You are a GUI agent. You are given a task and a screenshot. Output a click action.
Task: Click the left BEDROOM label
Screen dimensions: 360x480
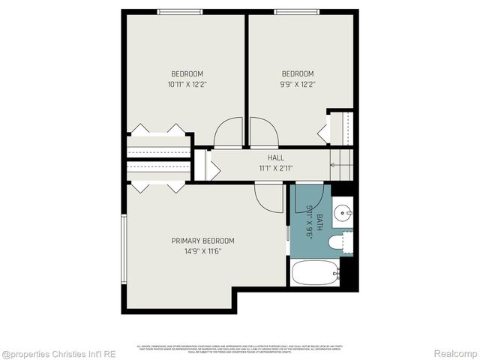[187, 73]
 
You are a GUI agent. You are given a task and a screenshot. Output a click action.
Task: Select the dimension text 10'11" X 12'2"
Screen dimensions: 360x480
[187, 85]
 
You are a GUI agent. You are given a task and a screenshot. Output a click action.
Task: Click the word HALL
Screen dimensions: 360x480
[275, 158]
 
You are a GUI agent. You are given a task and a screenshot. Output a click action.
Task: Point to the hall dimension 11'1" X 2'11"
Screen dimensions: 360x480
[275, 169]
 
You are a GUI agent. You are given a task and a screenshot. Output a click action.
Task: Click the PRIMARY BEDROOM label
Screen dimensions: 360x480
[202, 241]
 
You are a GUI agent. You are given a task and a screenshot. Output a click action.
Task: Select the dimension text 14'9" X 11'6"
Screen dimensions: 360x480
[202, 251]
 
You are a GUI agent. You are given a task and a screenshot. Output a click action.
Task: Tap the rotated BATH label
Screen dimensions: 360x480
[319, 222]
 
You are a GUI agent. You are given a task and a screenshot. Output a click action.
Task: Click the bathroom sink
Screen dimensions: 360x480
[343, 213]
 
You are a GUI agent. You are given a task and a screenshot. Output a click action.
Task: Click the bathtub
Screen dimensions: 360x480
[315, 272]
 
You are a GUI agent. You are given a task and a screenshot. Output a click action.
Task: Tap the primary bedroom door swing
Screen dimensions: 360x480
[268, 198]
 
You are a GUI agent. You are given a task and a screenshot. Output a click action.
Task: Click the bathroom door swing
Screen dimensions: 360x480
[308, 196]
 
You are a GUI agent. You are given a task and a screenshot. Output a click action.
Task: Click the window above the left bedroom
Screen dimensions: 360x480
[179, 11]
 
